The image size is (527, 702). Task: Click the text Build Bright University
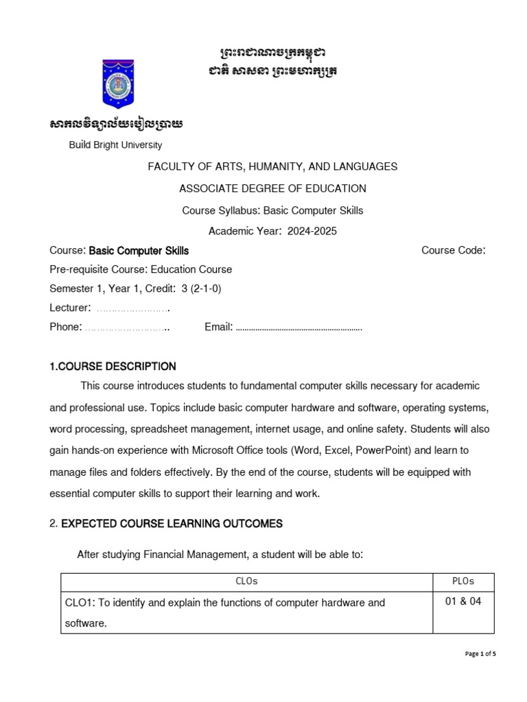[x=115, y=145]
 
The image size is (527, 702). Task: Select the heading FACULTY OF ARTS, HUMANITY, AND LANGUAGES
[x=272, y=167]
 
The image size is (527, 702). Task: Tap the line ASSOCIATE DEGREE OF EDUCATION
[x=272, y=189]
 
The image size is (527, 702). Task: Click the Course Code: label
[x=453, y=251]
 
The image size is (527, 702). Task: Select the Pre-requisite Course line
[x=141, y=269]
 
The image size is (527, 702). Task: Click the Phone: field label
[x=66, y=327]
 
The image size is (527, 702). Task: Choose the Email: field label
[x=218, y=327]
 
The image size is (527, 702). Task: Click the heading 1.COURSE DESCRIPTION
[x=113, y=367]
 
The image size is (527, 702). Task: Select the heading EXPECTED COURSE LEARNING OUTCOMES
[x=172, y=524]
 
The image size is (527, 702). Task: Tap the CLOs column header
[x=246, y=581]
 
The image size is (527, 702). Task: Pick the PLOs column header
[x=463, y=581]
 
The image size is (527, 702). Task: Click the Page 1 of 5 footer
[x=480, y=654]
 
